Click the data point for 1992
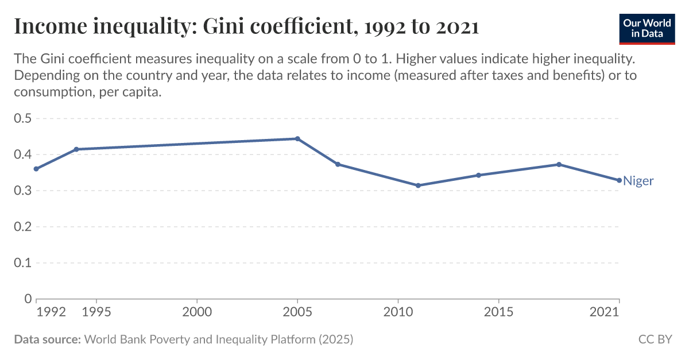tap(36, 169)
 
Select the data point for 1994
tap(76, 149)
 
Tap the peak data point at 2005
tap(297, 138)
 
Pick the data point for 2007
tap(338, 164)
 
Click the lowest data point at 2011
tap(418, 185)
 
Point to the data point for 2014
tap(478, 175)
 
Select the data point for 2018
tap(559, 164)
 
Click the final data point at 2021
tap(619, 180)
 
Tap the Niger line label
tap(638, 181)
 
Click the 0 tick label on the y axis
tap(28, 299)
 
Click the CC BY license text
tap(655, 339)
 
